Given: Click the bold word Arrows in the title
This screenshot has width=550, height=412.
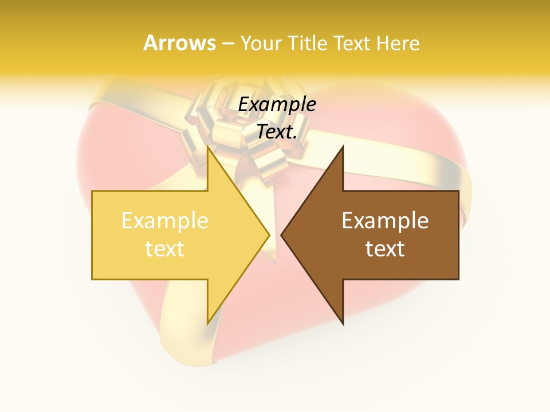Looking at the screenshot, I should (x=179, y=43).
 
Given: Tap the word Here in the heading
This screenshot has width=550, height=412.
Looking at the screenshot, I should (x=398, y=43).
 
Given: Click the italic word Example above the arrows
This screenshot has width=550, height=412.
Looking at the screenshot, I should (x=277, y=105).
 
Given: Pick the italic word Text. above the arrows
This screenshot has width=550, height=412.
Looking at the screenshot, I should (x=277, y=132).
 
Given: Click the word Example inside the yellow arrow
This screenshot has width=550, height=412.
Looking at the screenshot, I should (x=164, y=221).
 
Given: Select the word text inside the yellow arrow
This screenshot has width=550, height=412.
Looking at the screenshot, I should (x=164, y=248).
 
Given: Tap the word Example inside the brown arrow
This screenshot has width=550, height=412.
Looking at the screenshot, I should (x=385, y=221).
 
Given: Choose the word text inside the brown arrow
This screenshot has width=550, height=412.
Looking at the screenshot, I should (x=385, y=248).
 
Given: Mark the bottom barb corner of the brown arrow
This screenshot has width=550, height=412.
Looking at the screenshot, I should (x=343, y=324).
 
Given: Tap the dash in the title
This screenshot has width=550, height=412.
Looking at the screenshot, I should (x=227, y=43).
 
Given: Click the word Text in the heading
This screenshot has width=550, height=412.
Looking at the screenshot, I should (x=352, y=43).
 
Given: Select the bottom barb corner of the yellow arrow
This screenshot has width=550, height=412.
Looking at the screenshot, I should (x=207, y=324).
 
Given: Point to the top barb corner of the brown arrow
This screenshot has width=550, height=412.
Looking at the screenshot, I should (x=343, y=146).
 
